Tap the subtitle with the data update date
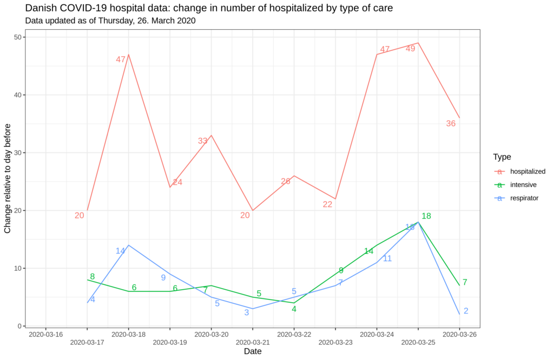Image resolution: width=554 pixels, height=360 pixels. tap(110, 21)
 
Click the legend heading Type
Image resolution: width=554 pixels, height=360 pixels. tap(502, 157)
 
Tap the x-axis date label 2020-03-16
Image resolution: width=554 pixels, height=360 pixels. tap(46, 335)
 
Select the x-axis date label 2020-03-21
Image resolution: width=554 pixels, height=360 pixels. tap(253, 342)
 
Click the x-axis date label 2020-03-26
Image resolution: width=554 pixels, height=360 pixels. tap(459, 335)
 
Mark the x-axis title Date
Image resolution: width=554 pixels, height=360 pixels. tap(253, 351)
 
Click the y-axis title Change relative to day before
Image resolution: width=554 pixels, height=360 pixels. tap(8, 178)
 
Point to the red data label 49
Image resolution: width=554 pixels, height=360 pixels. tap(411, 49)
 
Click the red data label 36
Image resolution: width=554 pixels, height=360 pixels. tap(451, 124)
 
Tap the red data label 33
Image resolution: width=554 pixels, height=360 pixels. tap(202, 141)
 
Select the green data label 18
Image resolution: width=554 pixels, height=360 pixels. tap(426, 216)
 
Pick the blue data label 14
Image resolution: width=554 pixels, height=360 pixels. tap(120, 251)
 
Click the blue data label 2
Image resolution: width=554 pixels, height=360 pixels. tap(466, 311)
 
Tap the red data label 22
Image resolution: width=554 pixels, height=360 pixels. tap(327, 204)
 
